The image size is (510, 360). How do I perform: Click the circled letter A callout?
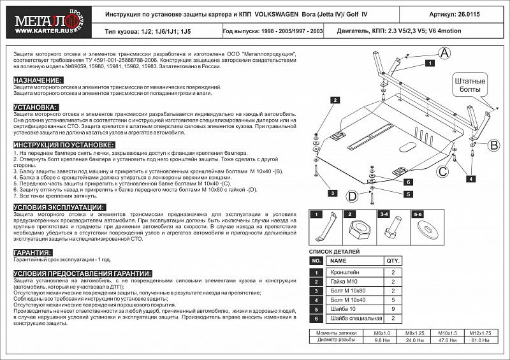click(444, 53)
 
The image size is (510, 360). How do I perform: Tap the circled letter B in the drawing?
click(493, 147)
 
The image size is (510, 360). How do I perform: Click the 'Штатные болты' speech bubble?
click(470, 87)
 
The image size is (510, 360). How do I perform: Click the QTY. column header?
click(392, 261)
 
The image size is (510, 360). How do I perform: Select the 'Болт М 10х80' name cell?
click(348, 291)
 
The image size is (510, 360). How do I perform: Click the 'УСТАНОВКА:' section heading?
click(36, 107)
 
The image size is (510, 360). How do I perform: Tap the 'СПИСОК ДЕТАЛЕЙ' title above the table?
click(335, 252)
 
